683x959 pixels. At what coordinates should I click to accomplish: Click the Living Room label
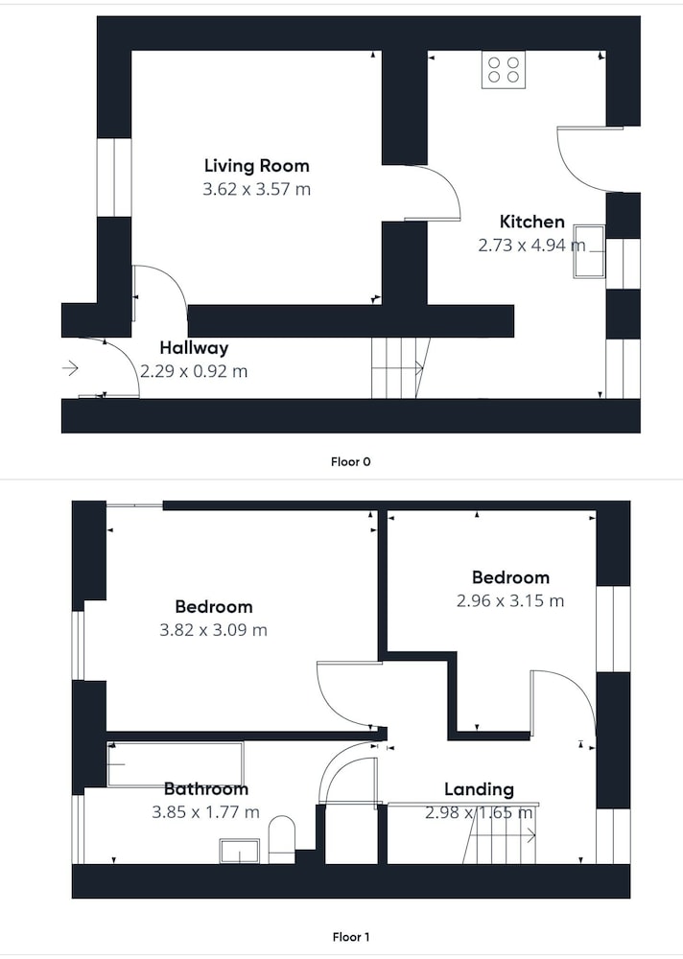(x=256, y=166)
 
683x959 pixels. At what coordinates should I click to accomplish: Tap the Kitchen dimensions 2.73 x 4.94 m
(x=531, y=246)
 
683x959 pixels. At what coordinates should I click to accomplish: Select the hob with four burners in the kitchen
(x=504, y=70)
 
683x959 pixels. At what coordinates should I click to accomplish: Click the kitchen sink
(x=589, y=251)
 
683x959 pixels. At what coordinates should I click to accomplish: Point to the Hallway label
(x=194, y=348)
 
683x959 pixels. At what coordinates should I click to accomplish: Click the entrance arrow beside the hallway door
(x=70, y=368)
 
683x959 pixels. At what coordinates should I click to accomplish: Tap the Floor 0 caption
(x=351, y=462)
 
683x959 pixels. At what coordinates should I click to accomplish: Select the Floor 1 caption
(x=351, y=936)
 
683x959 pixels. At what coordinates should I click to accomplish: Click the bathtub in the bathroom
(x=176, y=764)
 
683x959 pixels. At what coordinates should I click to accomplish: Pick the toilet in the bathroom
(x=281, y=838)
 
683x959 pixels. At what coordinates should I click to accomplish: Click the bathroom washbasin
(x=239, y=852)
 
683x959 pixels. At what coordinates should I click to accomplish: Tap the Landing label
(x=479, y=789)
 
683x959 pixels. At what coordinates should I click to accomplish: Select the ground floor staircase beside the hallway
(x=401, y=368)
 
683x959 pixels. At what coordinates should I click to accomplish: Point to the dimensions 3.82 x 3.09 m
(x=214, y=630)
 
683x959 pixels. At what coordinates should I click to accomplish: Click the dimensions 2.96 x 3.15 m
(x=509, y=600)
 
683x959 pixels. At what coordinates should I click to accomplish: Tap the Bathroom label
(x=206, y=789)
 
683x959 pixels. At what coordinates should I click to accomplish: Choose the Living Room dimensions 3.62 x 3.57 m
(x=256, y=189)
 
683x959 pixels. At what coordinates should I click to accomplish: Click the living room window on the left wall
(x=114, y=177)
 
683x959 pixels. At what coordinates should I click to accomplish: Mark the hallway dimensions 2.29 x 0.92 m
(x=194, y=371)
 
